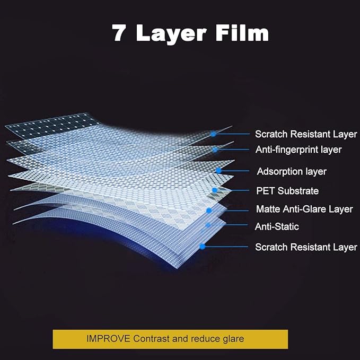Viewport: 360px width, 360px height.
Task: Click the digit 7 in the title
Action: (118, 32)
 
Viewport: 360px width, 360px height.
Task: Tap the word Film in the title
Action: (242, 32)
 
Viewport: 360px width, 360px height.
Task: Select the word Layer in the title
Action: (171, 34)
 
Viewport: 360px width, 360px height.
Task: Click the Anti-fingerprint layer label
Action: (298, 150)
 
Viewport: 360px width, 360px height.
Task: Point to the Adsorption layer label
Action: (292, 171)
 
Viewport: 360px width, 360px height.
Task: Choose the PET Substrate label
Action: (287, 191)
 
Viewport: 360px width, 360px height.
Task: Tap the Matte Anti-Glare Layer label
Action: (304, 209)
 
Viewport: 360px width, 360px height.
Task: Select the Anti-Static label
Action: (277, 226)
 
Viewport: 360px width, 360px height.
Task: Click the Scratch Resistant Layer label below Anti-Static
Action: (306, 247)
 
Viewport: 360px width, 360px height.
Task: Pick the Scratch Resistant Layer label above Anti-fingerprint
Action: (306, 134)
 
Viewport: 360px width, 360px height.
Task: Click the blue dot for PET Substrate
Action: (215, 190)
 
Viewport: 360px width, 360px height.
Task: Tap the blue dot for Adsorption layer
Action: (218, 170)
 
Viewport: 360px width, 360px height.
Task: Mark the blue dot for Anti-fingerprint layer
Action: (215, 150)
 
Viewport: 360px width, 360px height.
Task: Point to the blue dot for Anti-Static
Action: (208, 225)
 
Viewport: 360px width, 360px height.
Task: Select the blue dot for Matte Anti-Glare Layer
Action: (209, 210)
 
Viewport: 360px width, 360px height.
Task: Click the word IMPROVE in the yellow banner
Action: (108, 339)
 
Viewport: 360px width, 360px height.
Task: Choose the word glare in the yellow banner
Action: (233, 339)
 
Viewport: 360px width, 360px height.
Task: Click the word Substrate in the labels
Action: (298, 191)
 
